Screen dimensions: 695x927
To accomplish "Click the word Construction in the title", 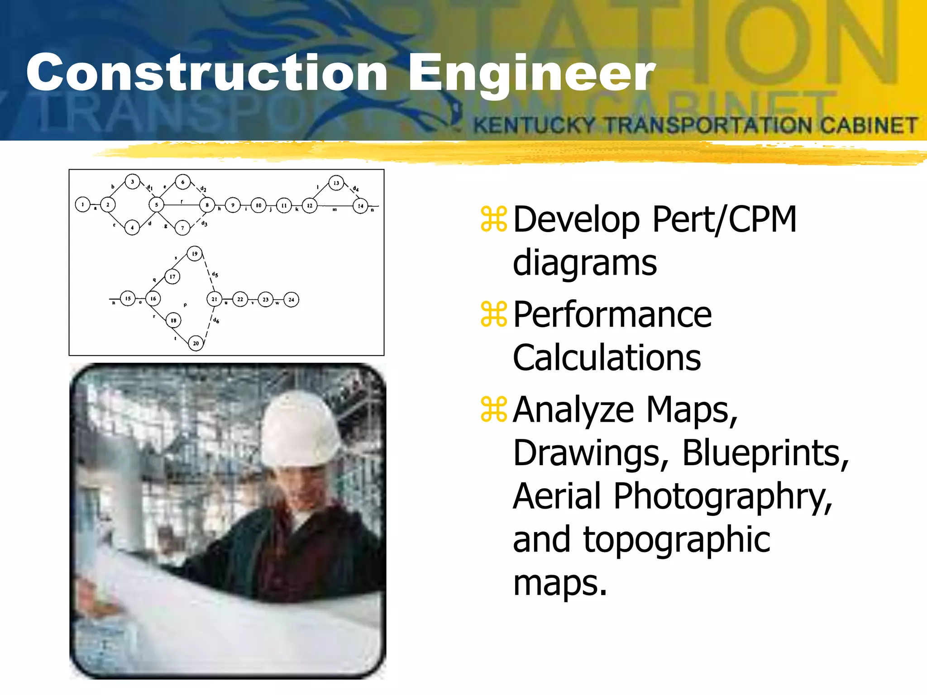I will [x=206, y=72].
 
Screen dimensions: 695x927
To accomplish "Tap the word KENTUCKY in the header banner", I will [x=534, y=125].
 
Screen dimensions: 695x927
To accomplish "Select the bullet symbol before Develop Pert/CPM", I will [x=494, y=219].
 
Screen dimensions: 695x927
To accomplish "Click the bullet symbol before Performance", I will [x=494, y=314].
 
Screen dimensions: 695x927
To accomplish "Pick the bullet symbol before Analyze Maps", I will [x=494, y=409].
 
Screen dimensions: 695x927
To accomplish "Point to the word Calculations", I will [x=607, y=357].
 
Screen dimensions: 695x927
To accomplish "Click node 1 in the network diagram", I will [x=83, y=205].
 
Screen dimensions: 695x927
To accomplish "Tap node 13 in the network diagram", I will [x=336, y=183].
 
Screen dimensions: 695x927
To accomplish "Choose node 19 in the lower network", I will [x=195, y=254].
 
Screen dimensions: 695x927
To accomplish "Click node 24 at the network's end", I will [x=291, y=300].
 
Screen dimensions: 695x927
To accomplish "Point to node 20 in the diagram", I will [x=196, y=343].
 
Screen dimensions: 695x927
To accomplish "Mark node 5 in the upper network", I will [x=157, y=205].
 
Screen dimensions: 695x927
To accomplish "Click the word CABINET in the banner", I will [x=869, y=125].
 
